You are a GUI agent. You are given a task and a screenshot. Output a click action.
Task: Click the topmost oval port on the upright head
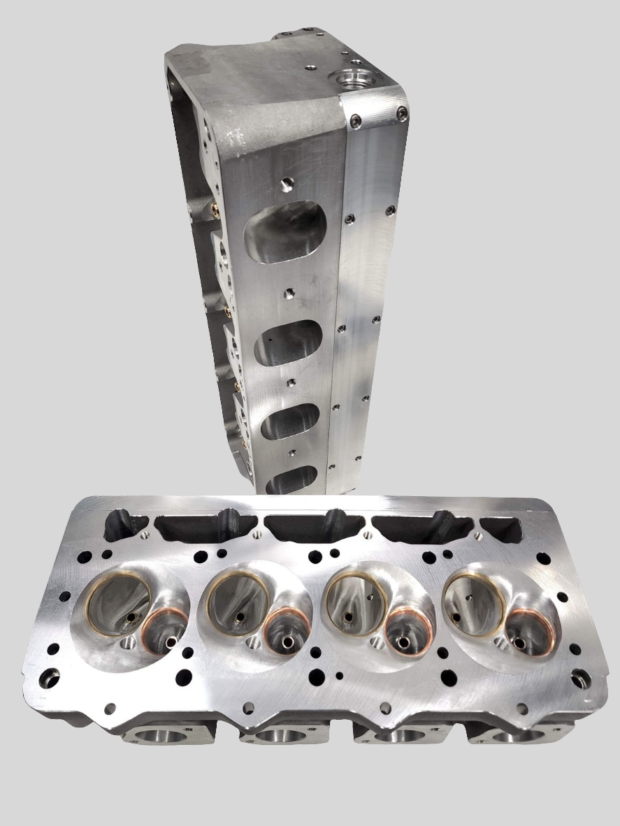coord(284,231)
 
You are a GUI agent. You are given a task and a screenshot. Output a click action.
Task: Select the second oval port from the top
coord(287,342)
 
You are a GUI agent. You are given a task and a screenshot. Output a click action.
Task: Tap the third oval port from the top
coord(289,421)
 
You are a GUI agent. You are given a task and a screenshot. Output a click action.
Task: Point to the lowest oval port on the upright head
coord(291,479)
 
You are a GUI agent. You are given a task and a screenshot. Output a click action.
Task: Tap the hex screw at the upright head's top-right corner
coord(401,114)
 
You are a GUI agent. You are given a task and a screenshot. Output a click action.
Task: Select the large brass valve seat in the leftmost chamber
coord(118,603)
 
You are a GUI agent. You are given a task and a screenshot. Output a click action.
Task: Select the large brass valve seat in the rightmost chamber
coord(473,600)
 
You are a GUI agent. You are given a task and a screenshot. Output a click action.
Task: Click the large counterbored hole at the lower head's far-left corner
coord(48,677)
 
